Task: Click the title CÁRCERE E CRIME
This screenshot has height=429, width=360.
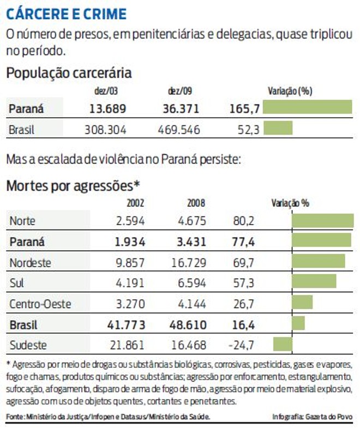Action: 66,13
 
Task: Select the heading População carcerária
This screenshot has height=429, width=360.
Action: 69,73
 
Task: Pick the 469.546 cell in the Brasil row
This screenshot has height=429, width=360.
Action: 179,130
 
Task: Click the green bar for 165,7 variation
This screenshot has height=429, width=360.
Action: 307,107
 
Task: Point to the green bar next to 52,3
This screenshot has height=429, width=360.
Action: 278,128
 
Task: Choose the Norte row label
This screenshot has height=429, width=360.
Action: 24,221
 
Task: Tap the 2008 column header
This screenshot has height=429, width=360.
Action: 196,203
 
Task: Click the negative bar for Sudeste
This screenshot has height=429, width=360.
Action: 283,344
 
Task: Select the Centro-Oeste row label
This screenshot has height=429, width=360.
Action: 40,304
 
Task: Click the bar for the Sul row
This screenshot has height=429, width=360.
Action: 314,281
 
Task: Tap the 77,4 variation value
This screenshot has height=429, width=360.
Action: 244,241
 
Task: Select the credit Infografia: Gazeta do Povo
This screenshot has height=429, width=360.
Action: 312,417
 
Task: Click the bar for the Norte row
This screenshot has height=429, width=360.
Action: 322,220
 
